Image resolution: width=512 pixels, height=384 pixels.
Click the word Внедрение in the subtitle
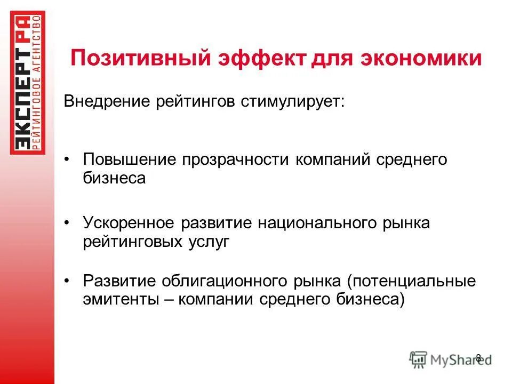point(107,101)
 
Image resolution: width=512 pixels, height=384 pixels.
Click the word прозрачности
point(235,160)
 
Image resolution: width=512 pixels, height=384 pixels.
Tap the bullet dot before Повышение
point(67,160)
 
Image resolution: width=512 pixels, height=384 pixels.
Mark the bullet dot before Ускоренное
point(67,222)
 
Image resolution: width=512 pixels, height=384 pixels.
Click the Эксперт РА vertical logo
point(28,83)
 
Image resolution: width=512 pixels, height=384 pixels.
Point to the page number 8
point(478,357)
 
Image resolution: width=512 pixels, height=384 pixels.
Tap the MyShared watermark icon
point(419,358)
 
